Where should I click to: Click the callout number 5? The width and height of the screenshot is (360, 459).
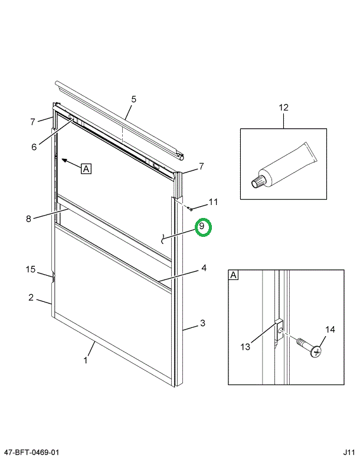[x=133, y=99]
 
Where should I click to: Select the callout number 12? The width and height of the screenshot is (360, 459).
[x=283, y=108]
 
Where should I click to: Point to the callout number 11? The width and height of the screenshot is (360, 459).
[x=213, y=202]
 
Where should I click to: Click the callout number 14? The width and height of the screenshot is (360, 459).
[x=329, y=330]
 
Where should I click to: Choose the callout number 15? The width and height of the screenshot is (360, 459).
[x=31, y=269]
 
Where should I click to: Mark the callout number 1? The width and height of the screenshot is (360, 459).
[x=86, y=360]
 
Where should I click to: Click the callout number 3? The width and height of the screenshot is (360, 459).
[x=202, y=323]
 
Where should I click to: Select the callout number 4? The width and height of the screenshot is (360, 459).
[x=204, y=268]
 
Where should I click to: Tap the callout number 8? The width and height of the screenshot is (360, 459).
[x=28, y=219]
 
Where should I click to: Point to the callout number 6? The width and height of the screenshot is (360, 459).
[x=34, y=147]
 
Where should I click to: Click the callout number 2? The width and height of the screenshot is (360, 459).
[x=31, y=298]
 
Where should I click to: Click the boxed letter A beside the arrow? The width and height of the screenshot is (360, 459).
[x=86, y=169]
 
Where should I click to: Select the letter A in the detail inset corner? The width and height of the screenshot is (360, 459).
[x=234, y=275]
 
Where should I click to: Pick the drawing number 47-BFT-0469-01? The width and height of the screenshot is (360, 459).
[x=31, y=452]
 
